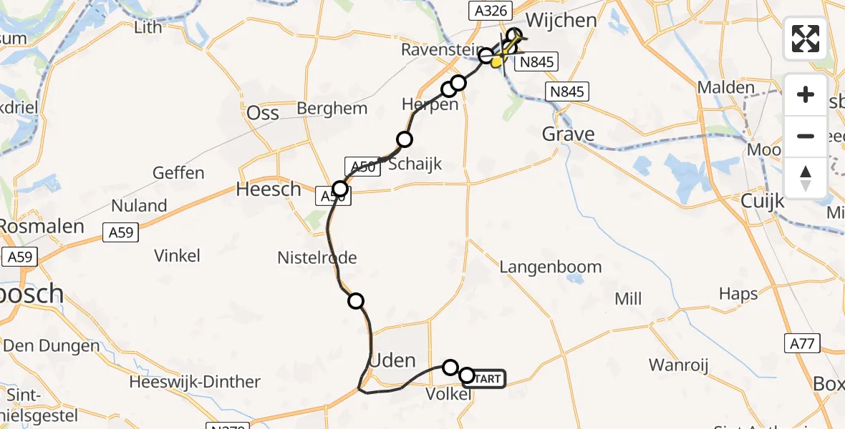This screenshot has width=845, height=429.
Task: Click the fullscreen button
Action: (806, 39)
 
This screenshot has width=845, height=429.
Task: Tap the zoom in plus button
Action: (806, 95)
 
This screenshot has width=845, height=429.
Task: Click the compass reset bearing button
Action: (806, 178)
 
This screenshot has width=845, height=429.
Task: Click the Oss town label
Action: (262, 113)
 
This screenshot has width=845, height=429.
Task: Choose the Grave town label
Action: (568, 134)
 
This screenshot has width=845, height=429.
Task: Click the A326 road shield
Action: (484, 10)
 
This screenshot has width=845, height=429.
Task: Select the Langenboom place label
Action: (551, 267)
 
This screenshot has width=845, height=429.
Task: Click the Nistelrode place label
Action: (317, 257)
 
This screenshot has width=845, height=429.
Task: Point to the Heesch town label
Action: (269, 189)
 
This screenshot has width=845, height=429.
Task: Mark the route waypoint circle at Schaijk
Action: (405, 139)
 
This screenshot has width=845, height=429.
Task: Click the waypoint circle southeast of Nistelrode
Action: (356, 301)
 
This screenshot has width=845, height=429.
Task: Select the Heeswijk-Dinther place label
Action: (195, 382)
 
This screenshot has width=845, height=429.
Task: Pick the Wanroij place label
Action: (678, 365)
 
